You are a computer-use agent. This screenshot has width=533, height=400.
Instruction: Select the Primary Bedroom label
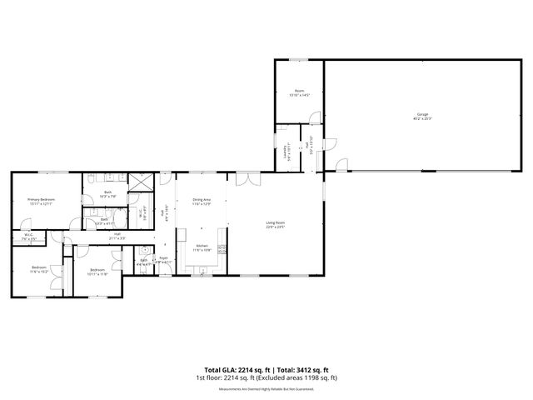click(41, 202)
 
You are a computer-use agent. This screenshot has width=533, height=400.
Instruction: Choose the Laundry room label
click(286, 153)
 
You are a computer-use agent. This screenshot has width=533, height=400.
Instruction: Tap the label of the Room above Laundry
click(299, 92)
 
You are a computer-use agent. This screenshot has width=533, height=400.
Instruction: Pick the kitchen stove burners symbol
click(222, 249)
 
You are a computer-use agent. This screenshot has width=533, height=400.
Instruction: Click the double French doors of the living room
click(247, 177)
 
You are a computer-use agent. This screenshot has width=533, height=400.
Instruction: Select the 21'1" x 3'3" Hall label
click(117, 236)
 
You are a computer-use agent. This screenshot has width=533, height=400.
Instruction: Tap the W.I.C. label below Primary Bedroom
click(28, 237)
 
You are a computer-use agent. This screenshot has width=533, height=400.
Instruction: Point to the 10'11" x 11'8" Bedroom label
click(97, 271)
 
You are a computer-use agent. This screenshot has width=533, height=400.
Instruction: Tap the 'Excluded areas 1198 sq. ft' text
click(301, 377)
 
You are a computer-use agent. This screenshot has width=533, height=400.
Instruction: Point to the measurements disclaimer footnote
click(266, 388)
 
